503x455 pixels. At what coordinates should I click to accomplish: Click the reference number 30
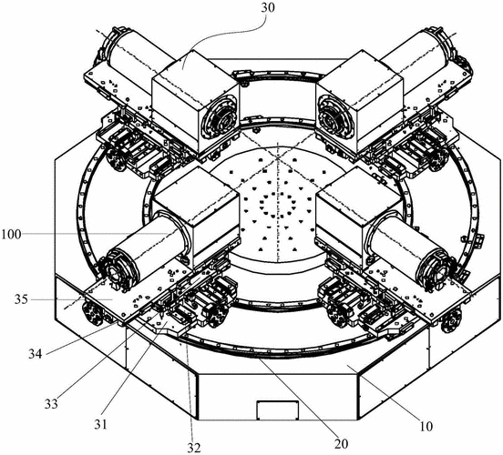click(x=268, y=7)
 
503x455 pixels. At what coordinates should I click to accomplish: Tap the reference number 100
click(x=11, y=235)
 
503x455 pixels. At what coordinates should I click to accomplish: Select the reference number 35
click(x=21, y=300)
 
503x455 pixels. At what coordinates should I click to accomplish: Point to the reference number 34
click(x=35, y=354)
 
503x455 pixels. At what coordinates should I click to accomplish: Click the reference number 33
click(x=51, y=404)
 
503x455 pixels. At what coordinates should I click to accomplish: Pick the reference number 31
click(x=100, y=425)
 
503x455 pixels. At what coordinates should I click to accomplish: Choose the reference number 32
click(x=194, y=448)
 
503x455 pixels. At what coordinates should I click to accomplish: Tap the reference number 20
click(x=341, y=444)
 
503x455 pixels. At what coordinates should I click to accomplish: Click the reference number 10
click(x=426, y=427)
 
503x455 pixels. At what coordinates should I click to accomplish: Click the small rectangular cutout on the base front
click(x=278, y=409)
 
